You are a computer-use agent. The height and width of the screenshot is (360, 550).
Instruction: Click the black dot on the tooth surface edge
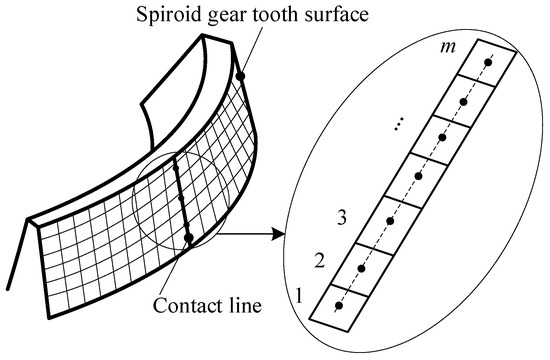[240, 74]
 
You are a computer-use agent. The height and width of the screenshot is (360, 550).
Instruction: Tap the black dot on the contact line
[188, 239]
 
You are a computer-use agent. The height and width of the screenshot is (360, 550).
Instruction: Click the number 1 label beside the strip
[298, 296]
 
